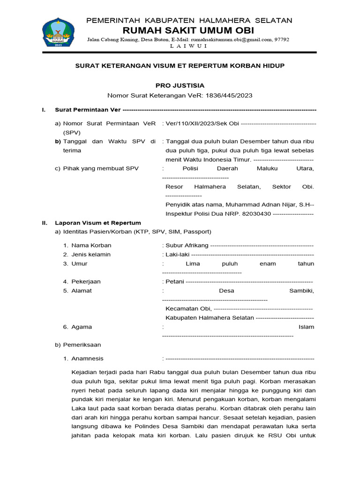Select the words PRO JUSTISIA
[180, 85]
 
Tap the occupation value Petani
[175, 282]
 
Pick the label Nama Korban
[91, 245]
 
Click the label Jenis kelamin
[91, 255]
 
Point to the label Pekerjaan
[86, 282]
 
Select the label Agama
[82, 327]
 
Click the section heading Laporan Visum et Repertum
[98, 223]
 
